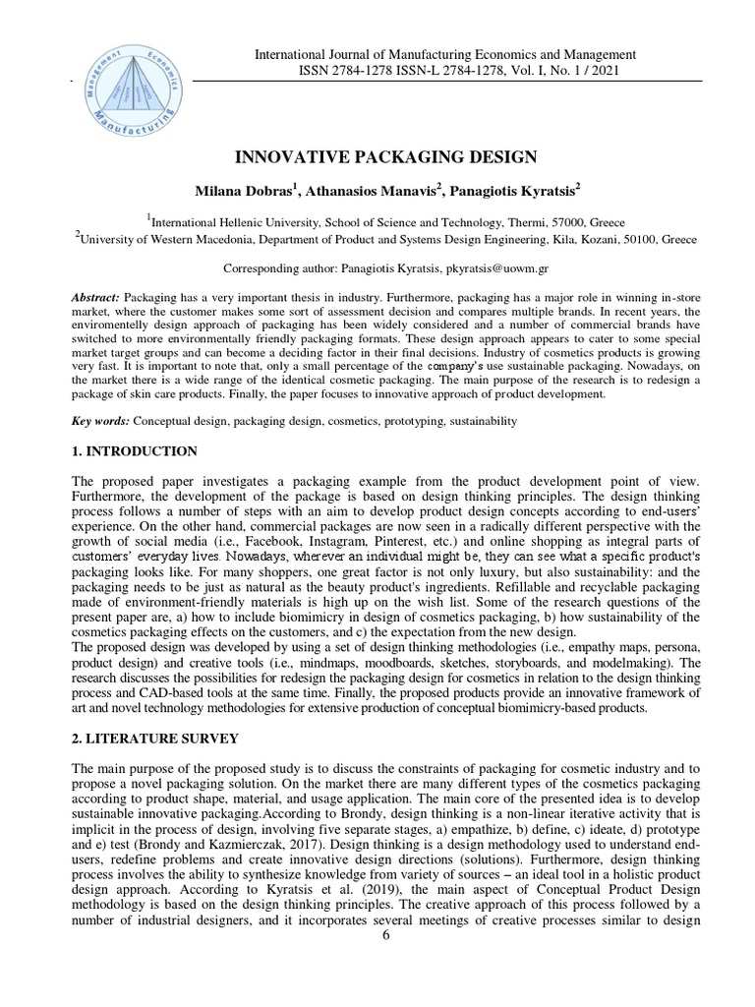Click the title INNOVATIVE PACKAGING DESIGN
(x=385, y=156)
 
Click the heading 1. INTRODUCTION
(x=136, y=451)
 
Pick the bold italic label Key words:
(x=101, y=421)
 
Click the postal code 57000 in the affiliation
(x=564, y=222)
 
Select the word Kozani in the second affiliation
(x=564, y=239)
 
